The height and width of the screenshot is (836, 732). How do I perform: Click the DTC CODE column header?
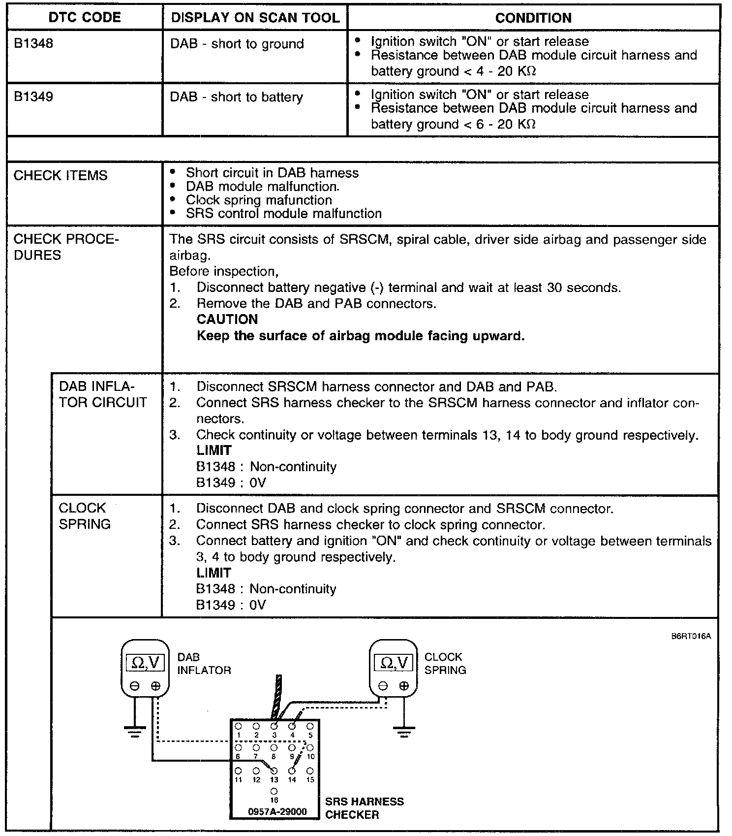click(84, 18)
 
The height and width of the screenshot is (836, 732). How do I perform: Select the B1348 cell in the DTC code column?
click(33, 44)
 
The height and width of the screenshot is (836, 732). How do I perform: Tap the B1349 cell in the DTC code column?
click(33, 96)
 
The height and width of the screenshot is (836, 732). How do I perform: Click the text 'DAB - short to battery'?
click(236, 97)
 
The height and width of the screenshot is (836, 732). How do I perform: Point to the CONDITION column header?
click(533, 18)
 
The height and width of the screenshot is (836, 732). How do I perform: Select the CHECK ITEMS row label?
click(60, 176)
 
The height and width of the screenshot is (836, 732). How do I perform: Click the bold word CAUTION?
click(227, 320)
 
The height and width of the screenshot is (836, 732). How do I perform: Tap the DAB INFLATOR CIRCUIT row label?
click(102, 394)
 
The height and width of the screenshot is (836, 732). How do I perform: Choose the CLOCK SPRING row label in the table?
click(84, 516)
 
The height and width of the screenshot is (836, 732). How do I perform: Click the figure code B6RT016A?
click(691, 636)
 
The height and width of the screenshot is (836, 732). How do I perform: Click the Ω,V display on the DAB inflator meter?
click(145, 663)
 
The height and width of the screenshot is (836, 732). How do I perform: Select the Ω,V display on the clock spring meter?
click(393, 663)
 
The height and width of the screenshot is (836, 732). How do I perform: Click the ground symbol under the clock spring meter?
click(404, 732)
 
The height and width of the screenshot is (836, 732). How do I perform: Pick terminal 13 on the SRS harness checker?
click(274, 771)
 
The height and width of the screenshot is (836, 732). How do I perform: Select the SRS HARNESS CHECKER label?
click(364, 808)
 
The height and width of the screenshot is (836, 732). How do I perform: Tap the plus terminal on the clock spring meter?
click(404, 686)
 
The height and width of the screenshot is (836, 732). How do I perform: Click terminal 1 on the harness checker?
click(238, 726)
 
